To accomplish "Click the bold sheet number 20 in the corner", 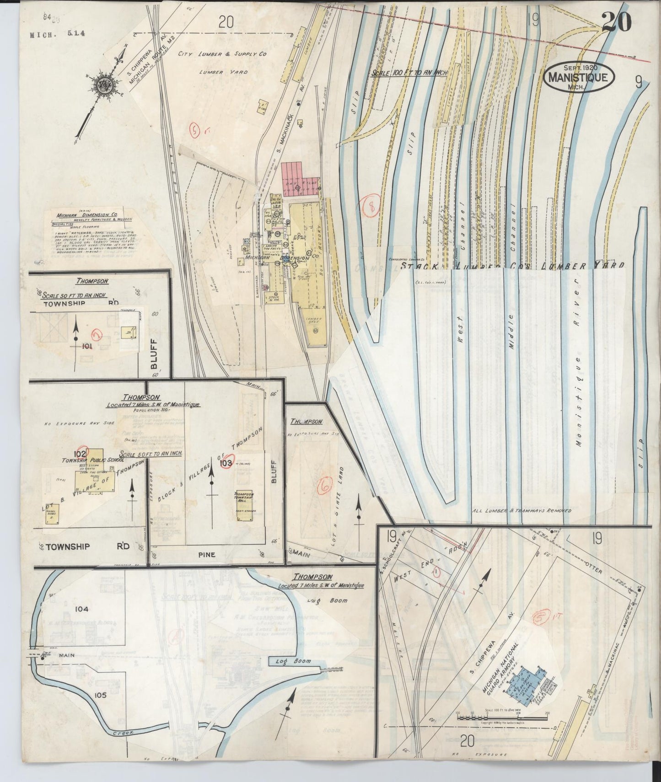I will click(616, 22).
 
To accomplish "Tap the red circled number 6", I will click(325, 488).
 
